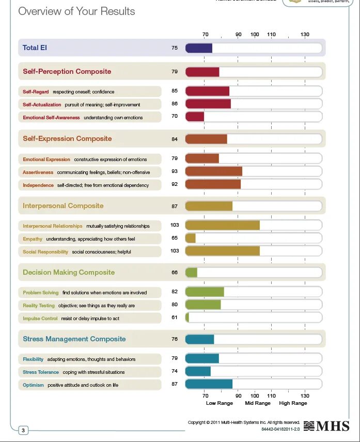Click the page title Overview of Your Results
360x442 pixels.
(76, 11)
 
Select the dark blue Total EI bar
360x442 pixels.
(198, 48)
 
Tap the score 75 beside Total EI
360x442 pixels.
(175, 48)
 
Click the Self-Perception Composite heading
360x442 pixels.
(67, 71)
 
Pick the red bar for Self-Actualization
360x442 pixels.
(208, 104)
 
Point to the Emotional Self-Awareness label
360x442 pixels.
(51, 118)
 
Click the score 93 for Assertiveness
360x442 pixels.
(175, 171)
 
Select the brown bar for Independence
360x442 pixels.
(213, 184)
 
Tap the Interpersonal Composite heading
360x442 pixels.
(63, 206)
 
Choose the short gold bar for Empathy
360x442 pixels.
(190, 238)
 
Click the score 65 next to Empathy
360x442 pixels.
(175, 238)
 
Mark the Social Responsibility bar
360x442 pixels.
(222, 251)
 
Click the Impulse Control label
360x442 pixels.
(40, 319)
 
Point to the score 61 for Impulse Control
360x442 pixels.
(175, 318)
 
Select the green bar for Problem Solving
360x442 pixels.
(205, 292)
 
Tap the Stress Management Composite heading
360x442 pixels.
(74, 339)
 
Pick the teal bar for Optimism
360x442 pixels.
(209, 384)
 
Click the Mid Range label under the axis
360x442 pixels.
(258, 403)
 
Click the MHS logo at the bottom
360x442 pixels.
(326, 426)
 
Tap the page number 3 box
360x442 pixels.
(23, 430)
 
